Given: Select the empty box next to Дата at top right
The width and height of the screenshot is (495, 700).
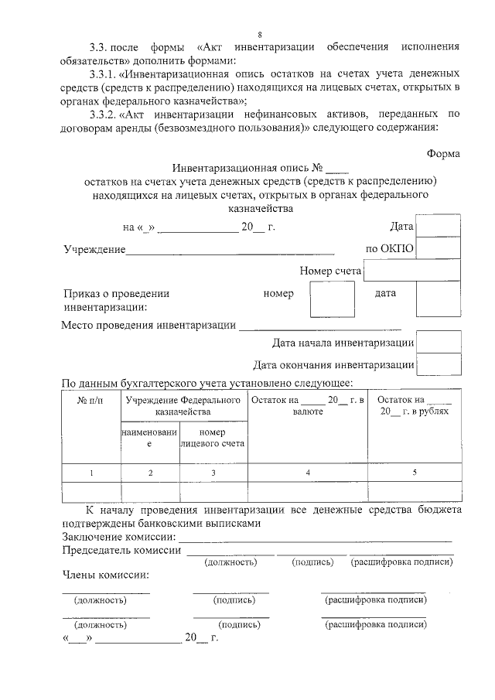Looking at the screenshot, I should click(438, 226).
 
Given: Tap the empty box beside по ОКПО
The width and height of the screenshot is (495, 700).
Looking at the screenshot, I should click(438, 248).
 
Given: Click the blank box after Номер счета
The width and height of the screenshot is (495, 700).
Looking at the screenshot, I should click(411, 271).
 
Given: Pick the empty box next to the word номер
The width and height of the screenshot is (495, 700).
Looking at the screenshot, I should click(332, 299).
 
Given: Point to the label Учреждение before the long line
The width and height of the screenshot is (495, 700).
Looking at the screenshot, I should click(94, 249).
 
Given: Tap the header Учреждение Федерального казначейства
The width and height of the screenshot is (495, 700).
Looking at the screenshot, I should click(183, 406).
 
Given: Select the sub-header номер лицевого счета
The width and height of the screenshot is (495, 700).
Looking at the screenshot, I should click(213, 439).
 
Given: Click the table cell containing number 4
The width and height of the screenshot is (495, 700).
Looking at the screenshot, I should click(307, 472).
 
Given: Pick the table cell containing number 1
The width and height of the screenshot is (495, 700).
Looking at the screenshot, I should click(90, 472).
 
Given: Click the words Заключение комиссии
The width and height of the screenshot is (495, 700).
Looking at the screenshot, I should click(117, 538).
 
